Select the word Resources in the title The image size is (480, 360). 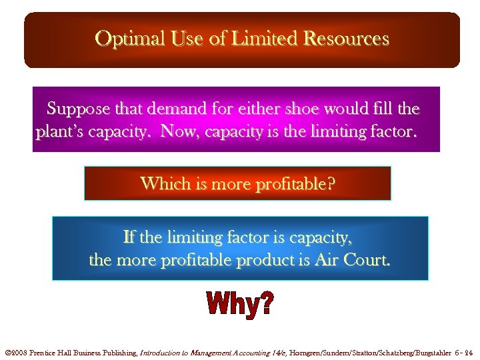[x=346, y=39]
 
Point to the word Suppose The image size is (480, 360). [x=75, y=108]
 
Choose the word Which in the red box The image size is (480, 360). [x=163, y=183]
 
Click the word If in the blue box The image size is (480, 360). [x=130, y=237]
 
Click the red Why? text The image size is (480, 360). [x=239, y=305]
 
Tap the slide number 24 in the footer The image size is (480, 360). [x=469, y=351]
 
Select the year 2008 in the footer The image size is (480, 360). [x=18, y=351]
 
